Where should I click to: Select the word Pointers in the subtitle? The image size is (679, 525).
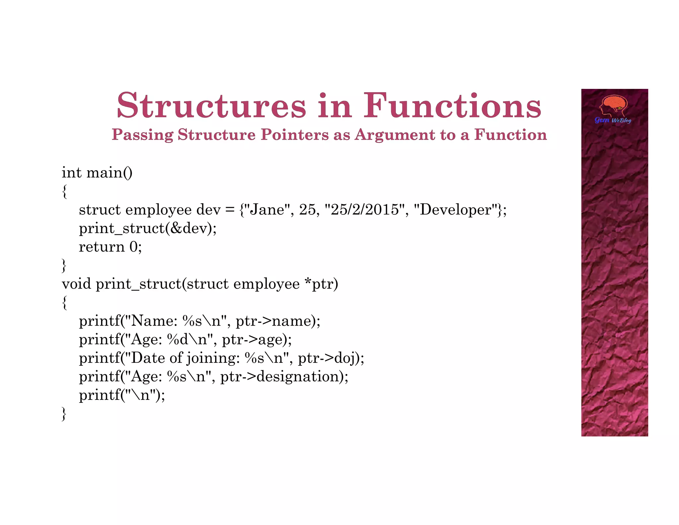294,135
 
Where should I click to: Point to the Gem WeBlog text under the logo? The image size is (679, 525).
613,120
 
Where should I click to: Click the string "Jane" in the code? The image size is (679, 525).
267,210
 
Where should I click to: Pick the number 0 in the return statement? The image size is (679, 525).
133,247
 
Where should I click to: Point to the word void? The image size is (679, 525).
76,284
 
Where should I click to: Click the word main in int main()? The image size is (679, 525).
104,173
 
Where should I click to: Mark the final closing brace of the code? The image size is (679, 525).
64,414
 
